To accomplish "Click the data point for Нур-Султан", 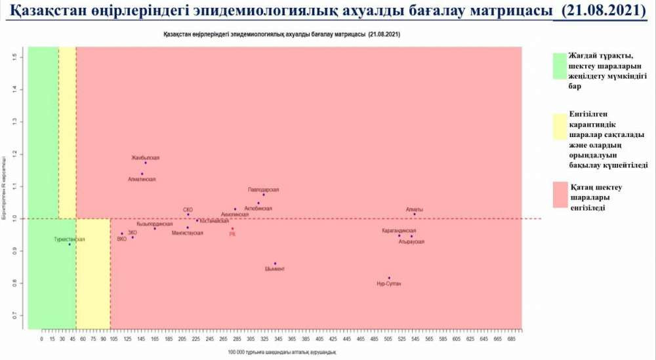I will point(389,278).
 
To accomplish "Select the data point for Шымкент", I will point(276,264).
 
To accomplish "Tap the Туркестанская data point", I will point(70,245).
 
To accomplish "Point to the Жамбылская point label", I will point(145,158).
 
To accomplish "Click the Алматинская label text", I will point(142,178).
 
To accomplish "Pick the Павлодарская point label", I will point(263,190).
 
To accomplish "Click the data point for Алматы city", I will point(415,214).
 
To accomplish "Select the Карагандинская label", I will point(399,231).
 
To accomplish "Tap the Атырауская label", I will point(411,242).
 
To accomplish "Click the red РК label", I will point(232,233).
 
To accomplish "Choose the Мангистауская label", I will point(187,233).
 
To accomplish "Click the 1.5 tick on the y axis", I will point(14,58).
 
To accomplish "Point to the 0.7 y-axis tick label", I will point(14,316).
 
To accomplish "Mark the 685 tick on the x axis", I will point(511,340).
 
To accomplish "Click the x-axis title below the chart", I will point(282,353).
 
